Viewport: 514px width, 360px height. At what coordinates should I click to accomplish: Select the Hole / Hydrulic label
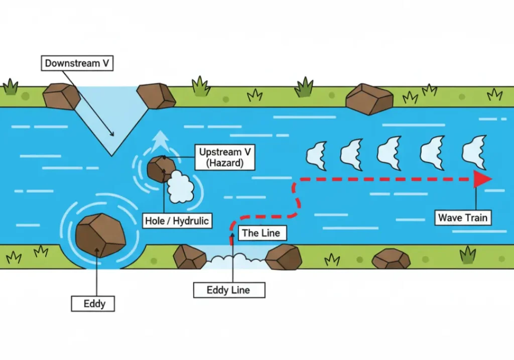coord(176,220)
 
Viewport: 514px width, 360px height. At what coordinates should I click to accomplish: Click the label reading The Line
coord(258,233)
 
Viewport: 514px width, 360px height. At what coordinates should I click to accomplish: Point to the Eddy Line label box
coord(228,290)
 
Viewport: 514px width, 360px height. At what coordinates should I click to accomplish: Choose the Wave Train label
coord(463,217)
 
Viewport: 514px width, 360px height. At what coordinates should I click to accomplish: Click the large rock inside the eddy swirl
coord(100,235)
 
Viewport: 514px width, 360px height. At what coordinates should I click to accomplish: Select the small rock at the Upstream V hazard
coord(161,168)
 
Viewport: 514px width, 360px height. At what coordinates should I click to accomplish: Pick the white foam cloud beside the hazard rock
coord(180,187)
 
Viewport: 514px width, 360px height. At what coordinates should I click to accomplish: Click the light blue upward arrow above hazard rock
coord(161,141)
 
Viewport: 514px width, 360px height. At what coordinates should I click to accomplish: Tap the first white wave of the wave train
coord(316,153)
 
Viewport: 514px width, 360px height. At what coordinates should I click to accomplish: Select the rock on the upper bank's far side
coord(369,99)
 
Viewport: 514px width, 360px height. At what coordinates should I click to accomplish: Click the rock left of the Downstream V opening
coord(61,96)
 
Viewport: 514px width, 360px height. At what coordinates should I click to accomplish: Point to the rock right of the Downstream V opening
coord(156,96)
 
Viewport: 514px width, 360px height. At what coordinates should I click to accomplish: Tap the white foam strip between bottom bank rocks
coord(235,260)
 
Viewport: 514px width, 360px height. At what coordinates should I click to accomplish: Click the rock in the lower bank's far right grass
coord(391,259)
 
